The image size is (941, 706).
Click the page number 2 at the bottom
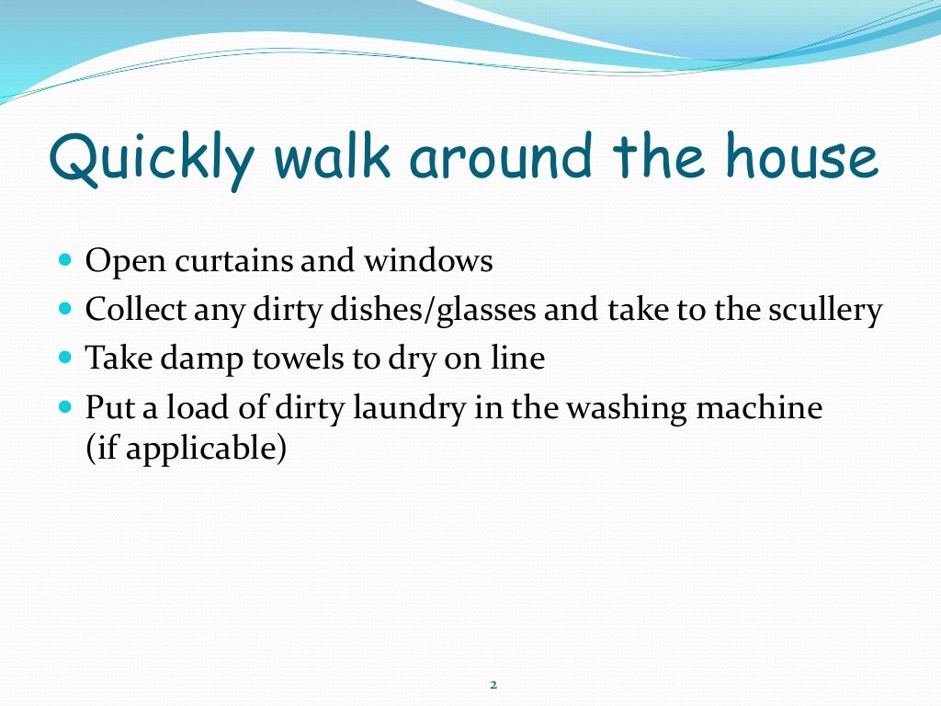pos(493,685)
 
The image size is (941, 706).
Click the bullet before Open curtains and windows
pos(64,261)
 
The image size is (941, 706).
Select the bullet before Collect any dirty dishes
pos(64,309)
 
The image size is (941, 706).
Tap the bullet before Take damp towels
pos(64,357)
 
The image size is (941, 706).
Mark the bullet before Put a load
pos(64,405)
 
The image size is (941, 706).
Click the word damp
pos(189,359)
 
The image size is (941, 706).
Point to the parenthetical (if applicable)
pos(186,451)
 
